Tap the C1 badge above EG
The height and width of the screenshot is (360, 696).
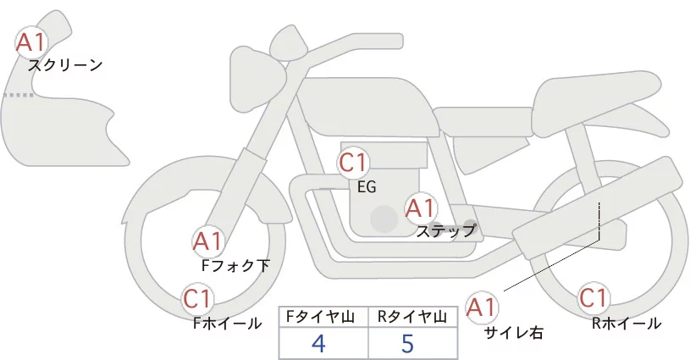coord(353,162)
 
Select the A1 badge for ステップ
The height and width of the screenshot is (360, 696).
coord(420,208)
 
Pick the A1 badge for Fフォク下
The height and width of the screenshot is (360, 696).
coord(208,242)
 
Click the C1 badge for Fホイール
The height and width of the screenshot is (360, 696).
coord(199,298)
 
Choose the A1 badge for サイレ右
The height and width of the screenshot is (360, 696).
coord(483,307)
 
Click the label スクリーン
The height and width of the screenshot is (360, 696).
coord(65,65)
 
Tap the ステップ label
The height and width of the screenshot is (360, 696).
coord(446,230)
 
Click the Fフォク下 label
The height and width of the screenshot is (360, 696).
coord(235,266)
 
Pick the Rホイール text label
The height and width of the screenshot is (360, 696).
coord(627,323)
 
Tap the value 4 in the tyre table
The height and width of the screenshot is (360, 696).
coord(318,344)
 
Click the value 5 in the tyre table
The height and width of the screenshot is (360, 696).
coord(408,344)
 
